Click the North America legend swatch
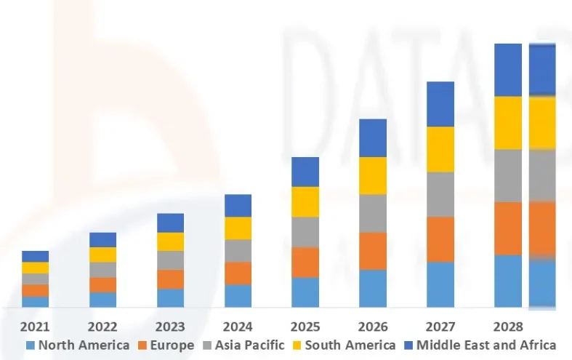(31, 345)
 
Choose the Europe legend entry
(168, 345)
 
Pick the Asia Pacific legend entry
(247, 345)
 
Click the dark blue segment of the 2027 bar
(440, 104)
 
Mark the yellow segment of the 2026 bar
(373, 175)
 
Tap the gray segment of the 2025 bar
(305, 232)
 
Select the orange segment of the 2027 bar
(440, 239)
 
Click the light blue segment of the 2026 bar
(373, 288)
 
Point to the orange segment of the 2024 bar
(238, 273)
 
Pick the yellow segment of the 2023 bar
(170, 241)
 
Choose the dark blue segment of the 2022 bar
(102, 239)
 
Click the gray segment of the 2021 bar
(35, 279)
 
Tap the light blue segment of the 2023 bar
(170, 297)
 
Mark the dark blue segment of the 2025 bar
(305, 172)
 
